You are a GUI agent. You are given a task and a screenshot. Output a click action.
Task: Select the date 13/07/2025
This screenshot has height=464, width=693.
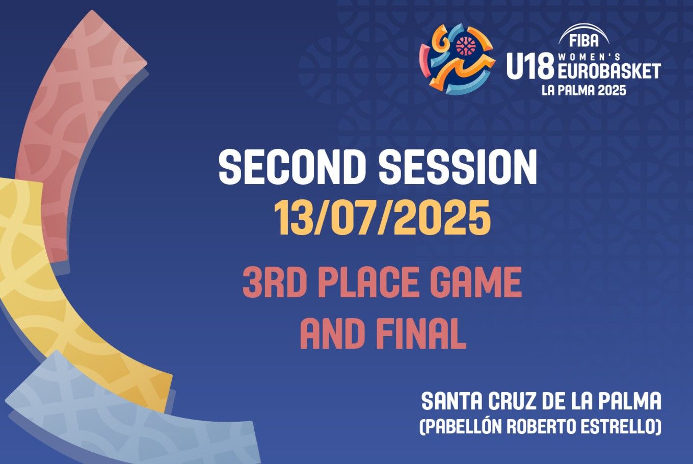pyautogui.click(x=383, y=218)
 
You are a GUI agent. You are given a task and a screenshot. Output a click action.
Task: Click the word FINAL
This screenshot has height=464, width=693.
pyautogui.click(x=422, y=334)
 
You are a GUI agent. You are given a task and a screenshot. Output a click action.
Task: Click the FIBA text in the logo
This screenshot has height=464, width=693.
pyautogui.click(x=583, y=41)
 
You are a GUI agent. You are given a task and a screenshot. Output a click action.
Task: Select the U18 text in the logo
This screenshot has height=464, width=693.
pyautogui.click(x=530, y=66)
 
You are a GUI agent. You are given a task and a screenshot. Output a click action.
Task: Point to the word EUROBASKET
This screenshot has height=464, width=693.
pyautogui.click(x=609, y=72)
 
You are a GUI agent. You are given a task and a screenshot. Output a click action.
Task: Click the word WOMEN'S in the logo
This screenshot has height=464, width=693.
pyautogui.click(x=589, y=57)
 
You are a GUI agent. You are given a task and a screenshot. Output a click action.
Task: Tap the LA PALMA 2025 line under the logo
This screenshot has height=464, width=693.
pyautogui.click(x=584, y=90)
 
